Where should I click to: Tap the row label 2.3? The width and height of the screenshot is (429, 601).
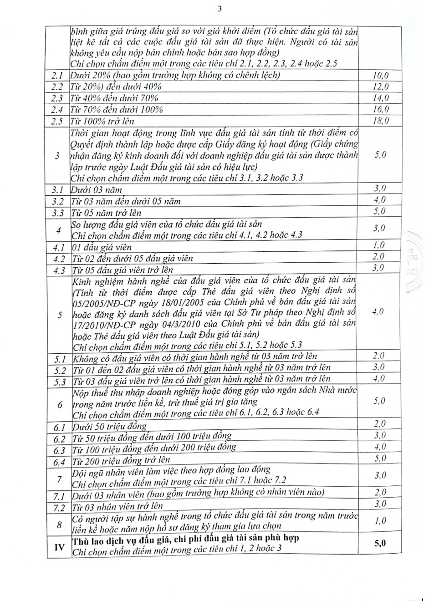tap(57, 99)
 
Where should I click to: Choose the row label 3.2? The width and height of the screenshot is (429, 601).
tap(58, 202)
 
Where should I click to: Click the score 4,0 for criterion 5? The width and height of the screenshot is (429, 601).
tap(378, 311)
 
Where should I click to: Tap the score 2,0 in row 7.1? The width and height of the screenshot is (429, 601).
tap(380, 493)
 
